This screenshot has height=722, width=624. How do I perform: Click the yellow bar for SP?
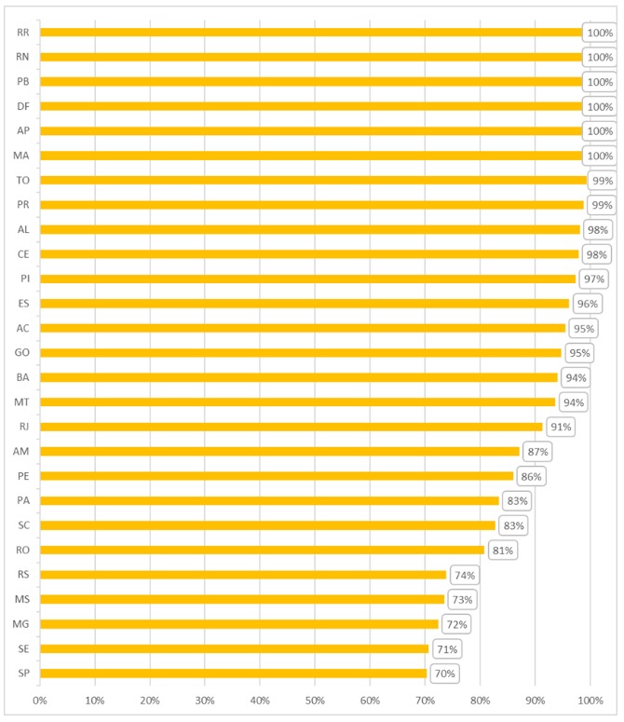click(233, 673)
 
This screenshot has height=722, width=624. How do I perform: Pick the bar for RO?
click(262, 550)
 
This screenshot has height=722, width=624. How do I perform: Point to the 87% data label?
click(538, 452)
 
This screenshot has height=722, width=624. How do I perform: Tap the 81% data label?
click(503, 550)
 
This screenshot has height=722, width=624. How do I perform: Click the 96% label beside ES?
click(587, 304)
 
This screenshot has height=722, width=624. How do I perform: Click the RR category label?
click(22, 33)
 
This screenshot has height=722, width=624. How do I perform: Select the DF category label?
click(22, 106)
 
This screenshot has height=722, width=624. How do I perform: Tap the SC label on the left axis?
click(22, 525)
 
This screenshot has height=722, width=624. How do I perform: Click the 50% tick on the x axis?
click(315, 699)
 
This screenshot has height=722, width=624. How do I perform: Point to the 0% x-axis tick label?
click(40, 699)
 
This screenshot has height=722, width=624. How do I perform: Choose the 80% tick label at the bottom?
click(480, 699)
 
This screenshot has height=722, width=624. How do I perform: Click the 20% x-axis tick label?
click(150, 699)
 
